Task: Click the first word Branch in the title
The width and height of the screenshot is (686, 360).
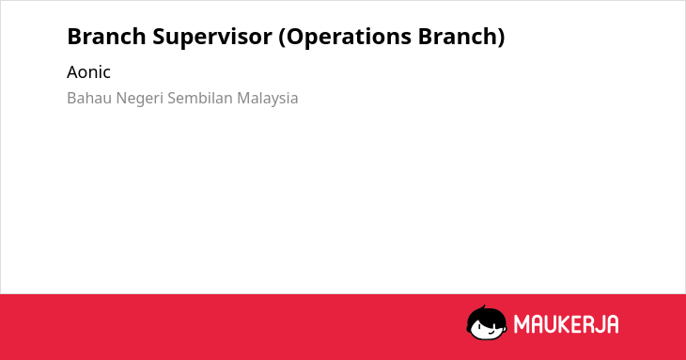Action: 106,36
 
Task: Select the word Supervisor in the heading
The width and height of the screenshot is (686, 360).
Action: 212,38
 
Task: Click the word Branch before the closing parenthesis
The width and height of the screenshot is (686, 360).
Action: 458,36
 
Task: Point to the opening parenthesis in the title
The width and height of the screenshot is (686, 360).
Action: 282,38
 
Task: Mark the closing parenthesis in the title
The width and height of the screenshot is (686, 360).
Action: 501,38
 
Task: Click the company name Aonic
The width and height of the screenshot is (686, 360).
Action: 88,72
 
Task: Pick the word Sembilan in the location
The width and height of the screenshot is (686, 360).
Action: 200,98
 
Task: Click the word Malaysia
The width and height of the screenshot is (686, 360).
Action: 268,100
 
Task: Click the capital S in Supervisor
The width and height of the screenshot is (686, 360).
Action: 160,37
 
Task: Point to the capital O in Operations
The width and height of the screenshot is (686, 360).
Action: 296,37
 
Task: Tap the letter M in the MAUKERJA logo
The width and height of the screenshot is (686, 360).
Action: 522,324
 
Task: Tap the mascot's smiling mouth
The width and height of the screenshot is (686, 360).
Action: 490,332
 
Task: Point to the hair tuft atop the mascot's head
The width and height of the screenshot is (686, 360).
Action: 483,308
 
